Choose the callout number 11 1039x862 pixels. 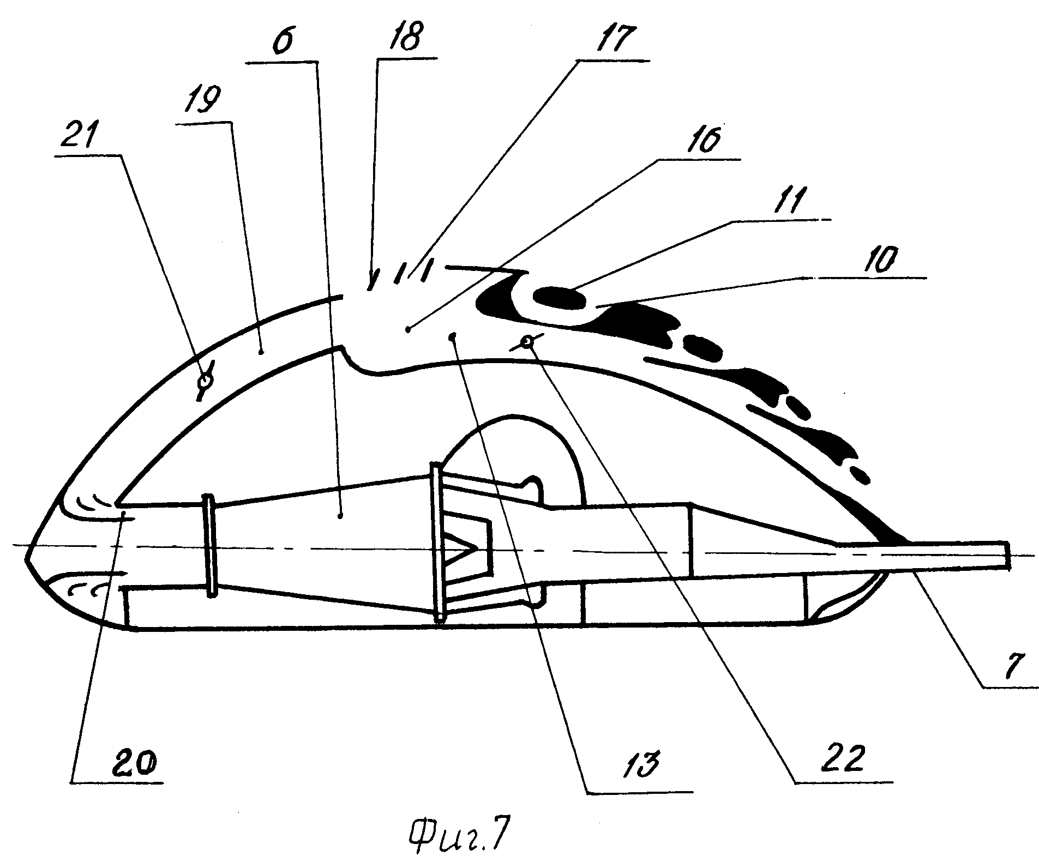[x=782, y=201]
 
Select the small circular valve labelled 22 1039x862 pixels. [x=526, y=342]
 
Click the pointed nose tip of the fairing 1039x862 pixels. [x=25, y=557]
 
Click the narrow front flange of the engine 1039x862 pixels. [x=209, y=546]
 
